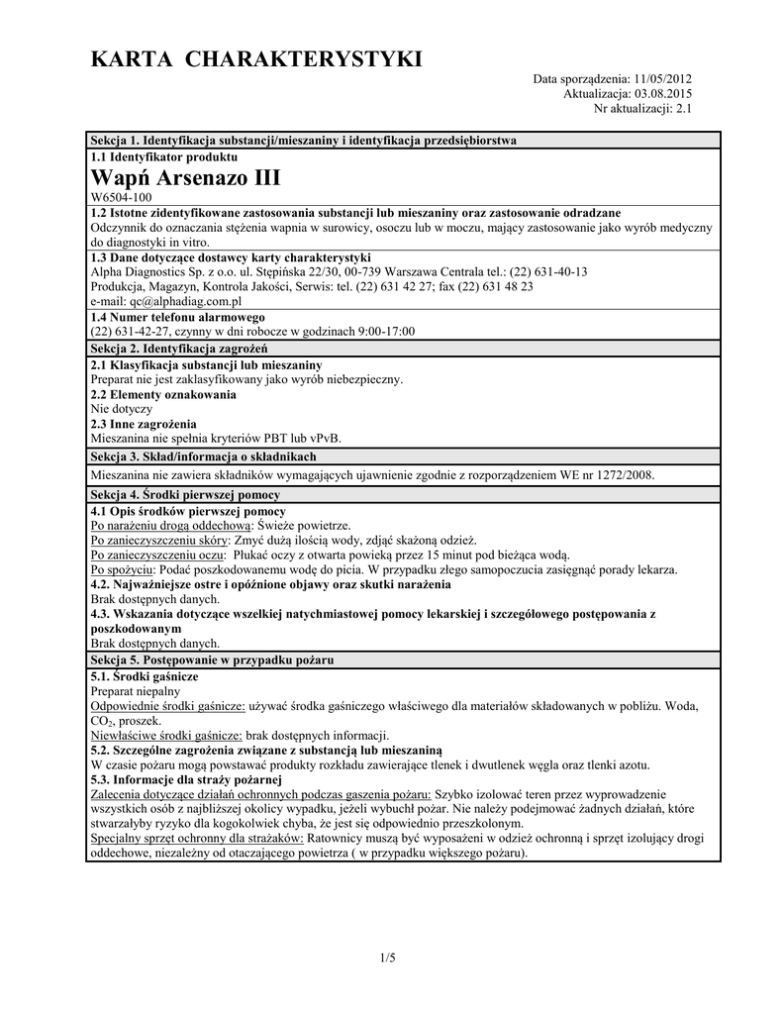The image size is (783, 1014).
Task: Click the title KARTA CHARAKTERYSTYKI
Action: click(256, 60)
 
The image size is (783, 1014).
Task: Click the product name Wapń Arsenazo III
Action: click(185, 178)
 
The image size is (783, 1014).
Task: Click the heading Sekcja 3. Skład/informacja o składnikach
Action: click(203, 456)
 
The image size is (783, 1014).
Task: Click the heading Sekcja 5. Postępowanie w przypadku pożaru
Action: click(212, 659)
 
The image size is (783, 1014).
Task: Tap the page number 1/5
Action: click(386, 957)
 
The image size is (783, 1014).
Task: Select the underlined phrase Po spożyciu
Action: click(122, 570)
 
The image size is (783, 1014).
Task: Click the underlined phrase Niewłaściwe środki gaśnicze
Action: click(166, 736)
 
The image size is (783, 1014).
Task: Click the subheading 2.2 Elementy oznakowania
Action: click(163, 394)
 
